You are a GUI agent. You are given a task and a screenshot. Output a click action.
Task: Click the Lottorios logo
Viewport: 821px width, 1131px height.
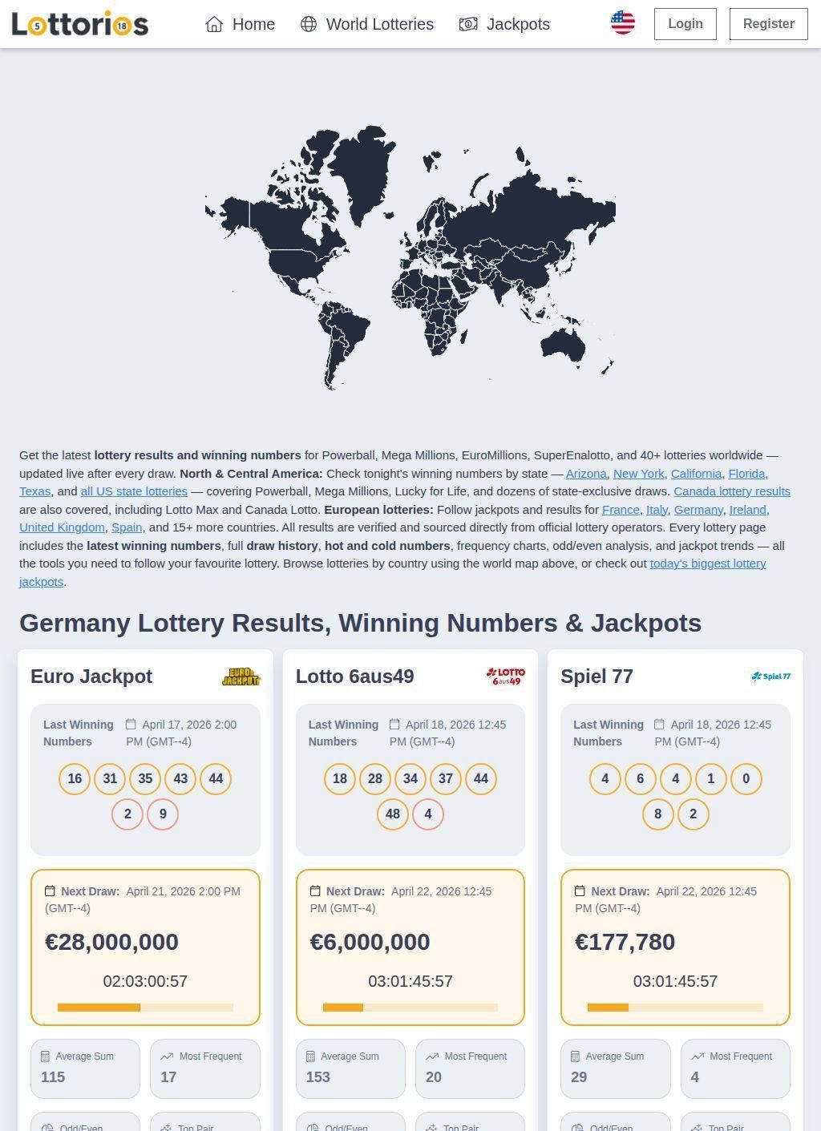coord(80,24)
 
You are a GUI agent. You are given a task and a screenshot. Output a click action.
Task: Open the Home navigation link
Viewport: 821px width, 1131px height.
coord(240,24)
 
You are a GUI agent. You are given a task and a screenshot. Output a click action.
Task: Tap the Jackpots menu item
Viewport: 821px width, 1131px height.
coord(504,24)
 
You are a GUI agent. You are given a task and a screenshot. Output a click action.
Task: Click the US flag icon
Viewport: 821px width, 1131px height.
coord(622,23)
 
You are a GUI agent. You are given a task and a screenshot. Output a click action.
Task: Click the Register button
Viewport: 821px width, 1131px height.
coord(767,24)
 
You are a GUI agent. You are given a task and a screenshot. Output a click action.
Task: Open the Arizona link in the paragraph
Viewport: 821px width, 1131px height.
coord(586,474)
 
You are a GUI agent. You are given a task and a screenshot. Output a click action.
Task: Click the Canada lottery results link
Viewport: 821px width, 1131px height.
coord(731,491)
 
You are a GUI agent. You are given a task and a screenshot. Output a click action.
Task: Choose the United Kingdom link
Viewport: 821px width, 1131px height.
coord(62,527)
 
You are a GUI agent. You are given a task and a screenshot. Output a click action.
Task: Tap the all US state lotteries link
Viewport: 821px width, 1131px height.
coord(134,491)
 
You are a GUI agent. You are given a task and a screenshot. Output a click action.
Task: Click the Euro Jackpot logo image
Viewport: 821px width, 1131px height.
coord(241,677)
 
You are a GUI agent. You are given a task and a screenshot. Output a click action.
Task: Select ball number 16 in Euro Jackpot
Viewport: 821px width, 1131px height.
coord(75,778)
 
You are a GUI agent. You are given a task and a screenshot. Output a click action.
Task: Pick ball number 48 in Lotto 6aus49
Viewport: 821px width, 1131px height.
coord(393,814)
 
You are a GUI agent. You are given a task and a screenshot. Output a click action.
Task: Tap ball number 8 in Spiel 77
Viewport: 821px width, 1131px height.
coord(657,814)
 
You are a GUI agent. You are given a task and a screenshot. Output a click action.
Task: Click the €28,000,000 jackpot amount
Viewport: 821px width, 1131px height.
coord(111,942)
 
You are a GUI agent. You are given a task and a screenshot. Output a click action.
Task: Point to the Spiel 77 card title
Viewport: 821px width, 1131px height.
coord(597,677)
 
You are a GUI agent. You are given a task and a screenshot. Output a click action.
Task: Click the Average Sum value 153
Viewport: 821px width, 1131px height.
coord(317,1076)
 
